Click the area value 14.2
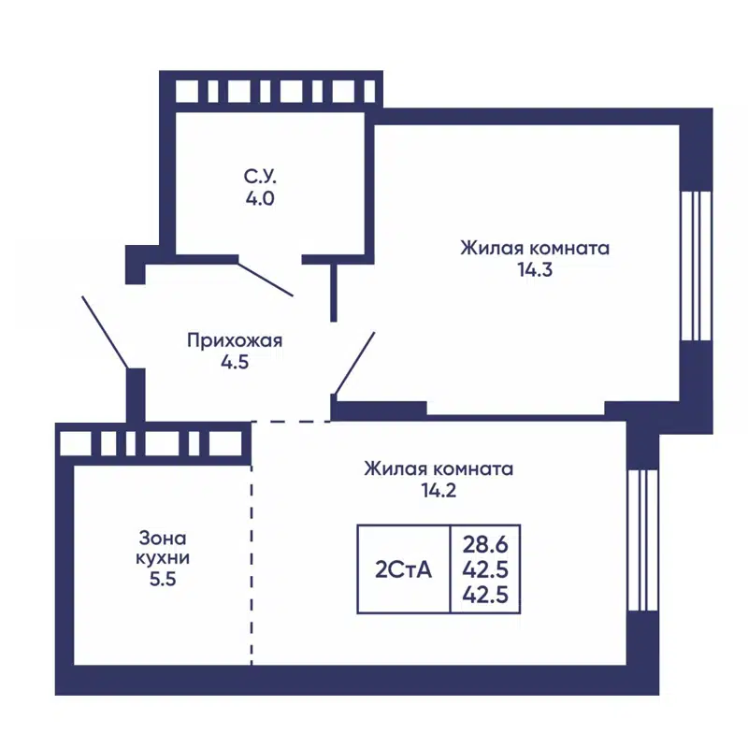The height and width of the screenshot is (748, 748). pos(439,489)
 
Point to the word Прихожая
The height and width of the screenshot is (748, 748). pos(234,341)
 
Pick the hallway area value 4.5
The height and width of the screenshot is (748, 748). pos(234,364)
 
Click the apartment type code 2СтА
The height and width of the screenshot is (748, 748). pos(403,569)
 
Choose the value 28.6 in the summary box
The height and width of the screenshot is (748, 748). pos(485,544)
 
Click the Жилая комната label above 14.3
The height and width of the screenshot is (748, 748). pos(534,249)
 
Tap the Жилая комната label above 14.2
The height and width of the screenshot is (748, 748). pos(439,467)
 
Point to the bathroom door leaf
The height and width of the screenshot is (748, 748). pos(266,277)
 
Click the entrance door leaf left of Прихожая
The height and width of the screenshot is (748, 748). pos(106,332)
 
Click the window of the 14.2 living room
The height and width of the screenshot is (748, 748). pos(642,539)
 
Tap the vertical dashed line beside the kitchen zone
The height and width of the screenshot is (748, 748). pos(252,561)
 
